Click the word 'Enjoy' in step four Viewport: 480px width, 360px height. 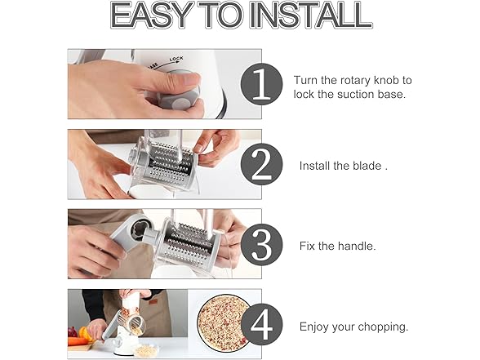[315, 327]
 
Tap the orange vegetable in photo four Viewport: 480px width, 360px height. [84, 333]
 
